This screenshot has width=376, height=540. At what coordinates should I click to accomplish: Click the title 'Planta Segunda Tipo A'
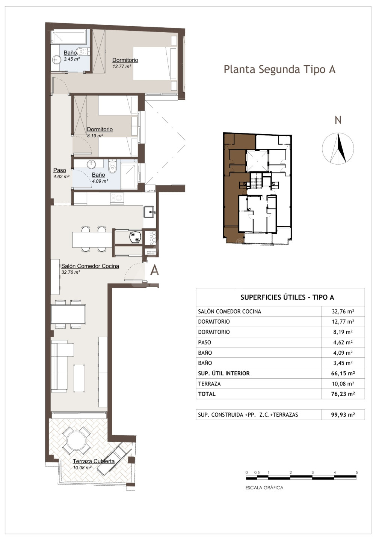click(x=279, y=69)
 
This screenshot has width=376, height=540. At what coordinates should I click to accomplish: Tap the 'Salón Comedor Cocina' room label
click(x=90, y=266)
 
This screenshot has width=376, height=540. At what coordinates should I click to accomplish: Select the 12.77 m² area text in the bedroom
click(x=122, y=66)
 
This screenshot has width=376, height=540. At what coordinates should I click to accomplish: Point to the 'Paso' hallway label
click(x=60, y=170)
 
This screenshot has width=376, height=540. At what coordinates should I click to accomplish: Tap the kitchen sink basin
click(x=149, y=212)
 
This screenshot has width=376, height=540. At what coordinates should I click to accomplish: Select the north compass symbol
click(x=338, y=148)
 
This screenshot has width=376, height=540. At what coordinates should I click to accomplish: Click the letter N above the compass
click(x=338, y=120)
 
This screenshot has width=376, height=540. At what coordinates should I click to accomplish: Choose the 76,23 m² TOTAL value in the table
click(x=343, y=394)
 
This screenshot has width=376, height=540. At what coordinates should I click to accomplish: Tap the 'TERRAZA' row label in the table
click(x=209, y=384)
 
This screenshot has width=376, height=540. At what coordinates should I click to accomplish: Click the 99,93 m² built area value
click(x=343, y=415)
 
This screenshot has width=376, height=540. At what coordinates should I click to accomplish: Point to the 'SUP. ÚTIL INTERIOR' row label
click(x=223, y=373)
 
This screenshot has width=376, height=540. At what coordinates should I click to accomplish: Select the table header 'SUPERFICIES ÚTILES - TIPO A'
click(x=287, y=297)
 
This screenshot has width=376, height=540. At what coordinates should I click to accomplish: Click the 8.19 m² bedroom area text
click(x=95, y=136)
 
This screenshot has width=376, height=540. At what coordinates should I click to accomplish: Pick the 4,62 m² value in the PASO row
click(x=343, y=342)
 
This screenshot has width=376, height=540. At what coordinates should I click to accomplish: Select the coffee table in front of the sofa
click(x=79, y=378)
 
